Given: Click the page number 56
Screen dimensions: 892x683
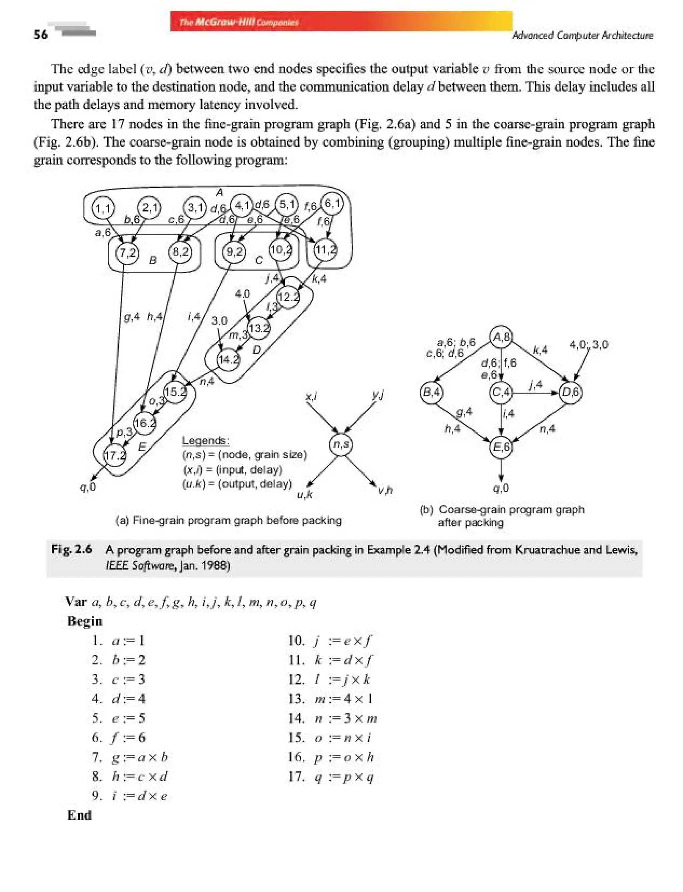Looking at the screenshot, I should [x=41, y=35].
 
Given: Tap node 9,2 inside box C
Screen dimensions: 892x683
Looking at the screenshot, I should [x=234, y=252].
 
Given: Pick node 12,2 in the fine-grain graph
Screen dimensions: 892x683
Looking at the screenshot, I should [x=288, y=297].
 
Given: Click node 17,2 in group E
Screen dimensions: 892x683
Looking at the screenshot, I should [x=114, y=455].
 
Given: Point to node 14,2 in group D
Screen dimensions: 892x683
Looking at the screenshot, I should [x=228, y=360].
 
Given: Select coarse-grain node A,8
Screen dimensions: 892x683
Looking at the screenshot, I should [x=501, y=337].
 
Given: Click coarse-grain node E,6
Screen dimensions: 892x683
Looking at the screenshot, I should [x=501, y=447].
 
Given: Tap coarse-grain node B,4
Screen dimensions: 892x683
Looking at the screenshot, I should [x=431, y=393].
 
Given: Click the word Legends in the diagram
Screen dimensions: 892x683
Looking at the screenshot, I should [x=205, y=441].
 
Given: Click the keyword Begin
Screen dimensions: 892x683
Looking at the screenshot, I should [x=85, y=621].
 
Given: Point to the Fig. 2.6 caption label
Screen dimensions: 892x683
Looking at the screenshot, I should [x=71, y=549].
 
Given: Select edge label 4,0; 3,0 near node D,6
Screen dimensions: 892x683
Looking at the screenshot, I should [x=588, y=345].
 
